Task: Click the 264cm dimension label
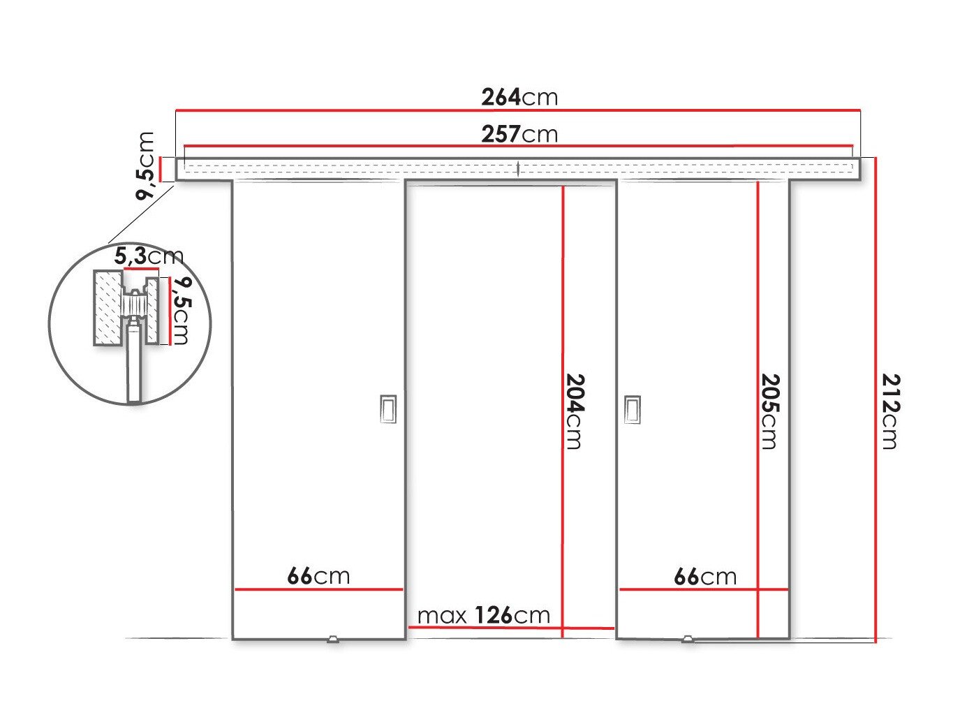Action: pyautogui.click(x=519, y=97)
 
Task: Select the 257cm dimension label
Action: pyautogui.click(x=519, y=133)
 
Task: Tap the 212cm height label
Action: pyautogui.click(x=892, y=411)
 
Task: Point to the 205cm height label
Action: pyautogui.click(x=771, y=411)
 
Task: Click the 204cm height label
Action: pyautogui.click(x=575, y=411)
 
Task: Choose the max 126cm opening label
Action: pyautogui.click(x=484, y=615)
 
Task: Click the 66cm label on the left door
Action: pyautogui.click(x=318, y=576)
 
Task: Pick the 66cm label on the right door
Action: pyautogui.click(x=705, y=576)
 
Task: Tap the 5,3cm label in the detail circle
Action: pyautogui.click(x=149, y=256)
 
